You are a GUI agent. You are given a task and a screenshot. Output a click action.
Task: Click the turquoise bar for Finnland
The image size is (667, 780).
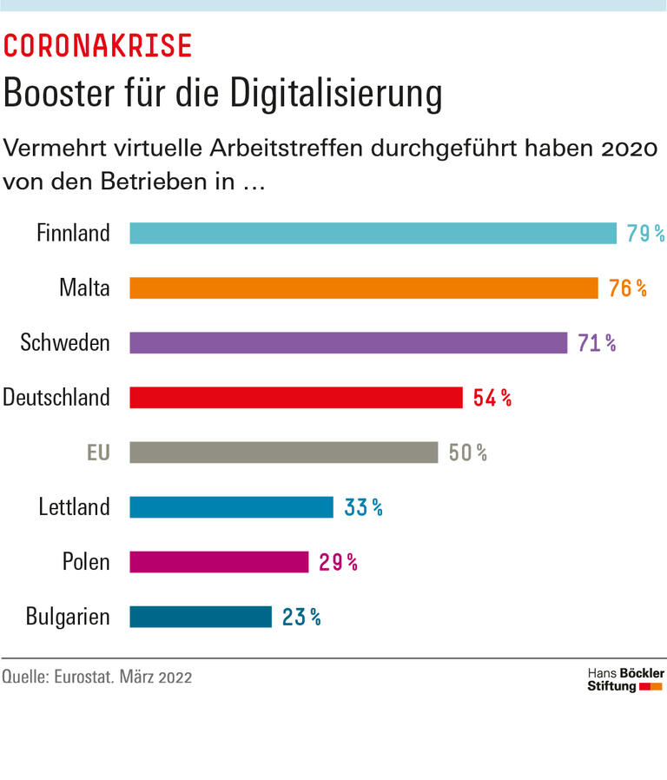pyautogui.click(x=373, y=234)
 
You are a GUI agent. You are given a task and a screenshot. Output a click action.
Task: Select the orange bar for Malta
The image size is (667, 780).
pyautogui.click(x=364, y=288)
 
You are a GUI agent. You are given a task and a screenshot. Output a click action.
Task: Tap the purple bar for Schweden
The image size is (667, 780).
pyautogui.click(x=348, y=343)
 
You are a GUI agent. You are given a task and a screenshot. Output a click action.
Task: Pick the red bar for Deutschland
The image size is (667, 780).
pyautogui.click(x=296, y=398)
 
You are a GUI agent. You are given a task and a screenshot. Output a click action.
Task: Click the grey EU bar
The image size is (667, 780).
pyautogui.click(x=284, y=453)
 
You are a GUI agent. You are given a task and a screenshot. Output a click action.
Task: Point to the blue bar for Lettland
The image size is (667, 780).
pyautogui.click(x=231, y=507)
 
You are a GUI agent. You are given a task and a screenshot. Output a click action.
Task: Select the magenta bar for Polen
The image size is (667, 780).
pyautogui.click(x=219, y=562)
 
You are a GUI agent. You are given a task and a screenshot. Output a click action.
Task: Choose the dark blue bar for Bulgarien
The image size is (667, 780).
pyautogui.click(x=201, y=617)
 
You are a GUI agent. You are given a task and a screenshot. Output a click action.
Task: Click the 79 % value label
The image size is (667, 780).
pyautogui.click(x=645, y=234)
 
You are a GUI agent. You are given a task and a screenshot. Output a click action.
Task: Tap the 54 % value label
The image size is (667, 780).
pyautogui.click(x=492, y=399)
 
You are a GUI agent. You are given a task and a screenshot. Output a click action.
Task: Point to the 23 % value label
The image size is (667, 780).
pyautogui.click(x=301, y=618)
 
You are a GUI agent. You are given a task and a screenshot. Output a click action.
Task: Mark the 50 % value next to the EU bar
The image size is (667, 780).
pyautogui.click(x=467, y=453)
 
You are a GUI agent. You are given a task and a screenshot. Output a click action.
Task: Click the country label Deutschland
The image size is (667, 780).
pyautogui.click(x=56, y=398)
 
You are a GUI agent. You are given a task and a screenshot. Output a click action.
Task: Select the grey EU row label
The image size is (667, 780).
pyautogui.click(x=98, y=453)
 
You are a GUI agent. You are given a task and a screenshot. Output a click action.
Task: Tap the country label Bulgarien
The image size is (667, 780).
pyautogui.click(x=68, y=618)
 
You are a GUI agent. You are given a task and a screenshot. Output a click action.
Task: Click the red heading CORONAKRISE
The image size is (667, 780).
pyautogui.click(x=97, y=46)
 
